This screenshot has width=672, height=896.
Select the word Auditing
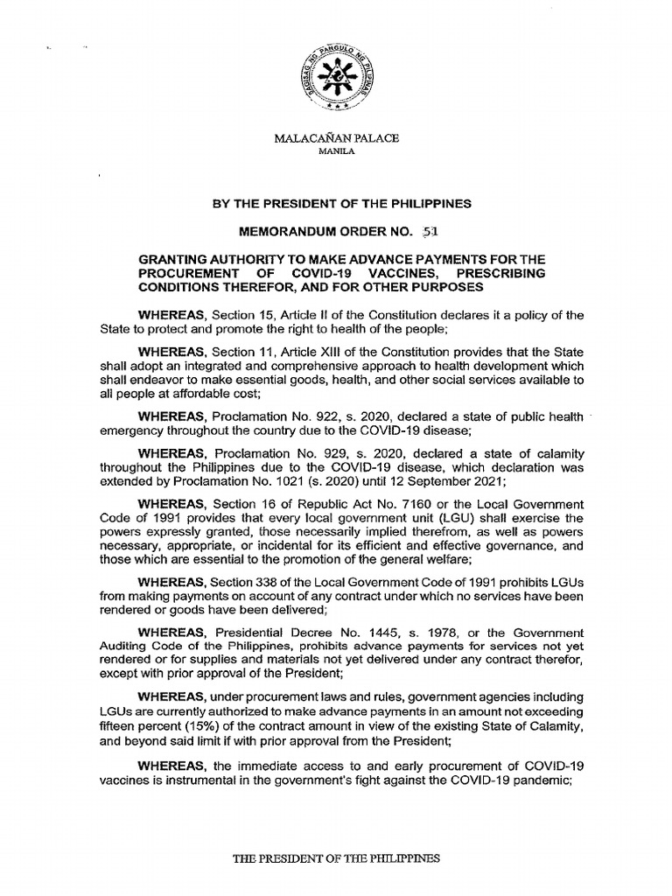(x=122, y=647)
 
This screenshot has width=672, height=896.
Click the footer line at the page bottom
(x=335, y=858)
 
